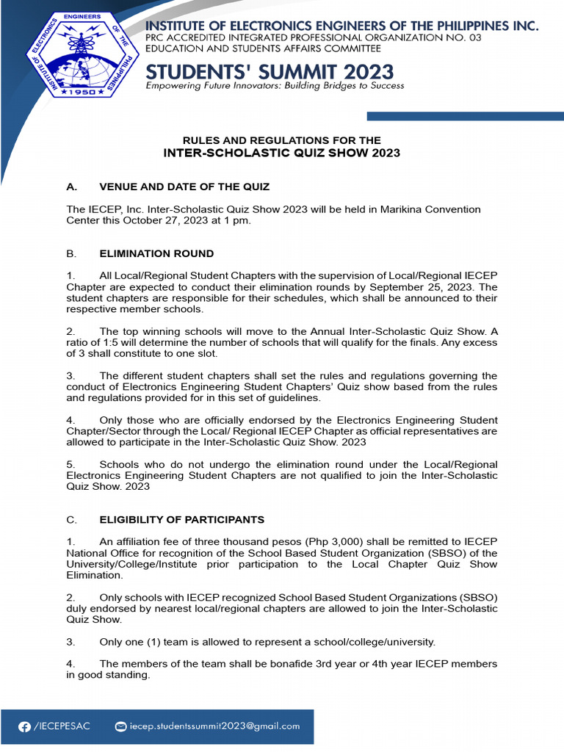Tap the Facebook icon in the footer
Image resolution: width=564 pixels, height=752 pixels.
coord(25,726)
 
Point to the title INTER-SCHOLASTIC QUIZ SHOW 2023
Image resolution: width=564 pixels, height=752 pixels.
coord(281,153)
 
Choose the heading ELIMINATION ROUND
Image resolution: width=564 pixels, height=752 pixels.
coord(156,253)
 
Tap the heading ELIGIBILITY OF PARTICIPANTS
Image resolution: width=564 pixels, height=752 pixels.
coord(181,519)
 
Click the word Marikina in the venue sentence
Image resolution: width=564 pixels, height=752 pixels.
coord(401,209)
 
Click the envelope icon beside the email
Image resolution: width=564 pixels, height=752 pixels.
coord(121,726)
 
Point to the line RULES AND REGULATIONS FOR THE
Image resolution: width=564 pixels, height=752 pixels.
coord(281,140)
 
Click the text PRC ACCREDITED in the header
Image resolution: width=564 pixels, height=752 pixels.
coord(181,37)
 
